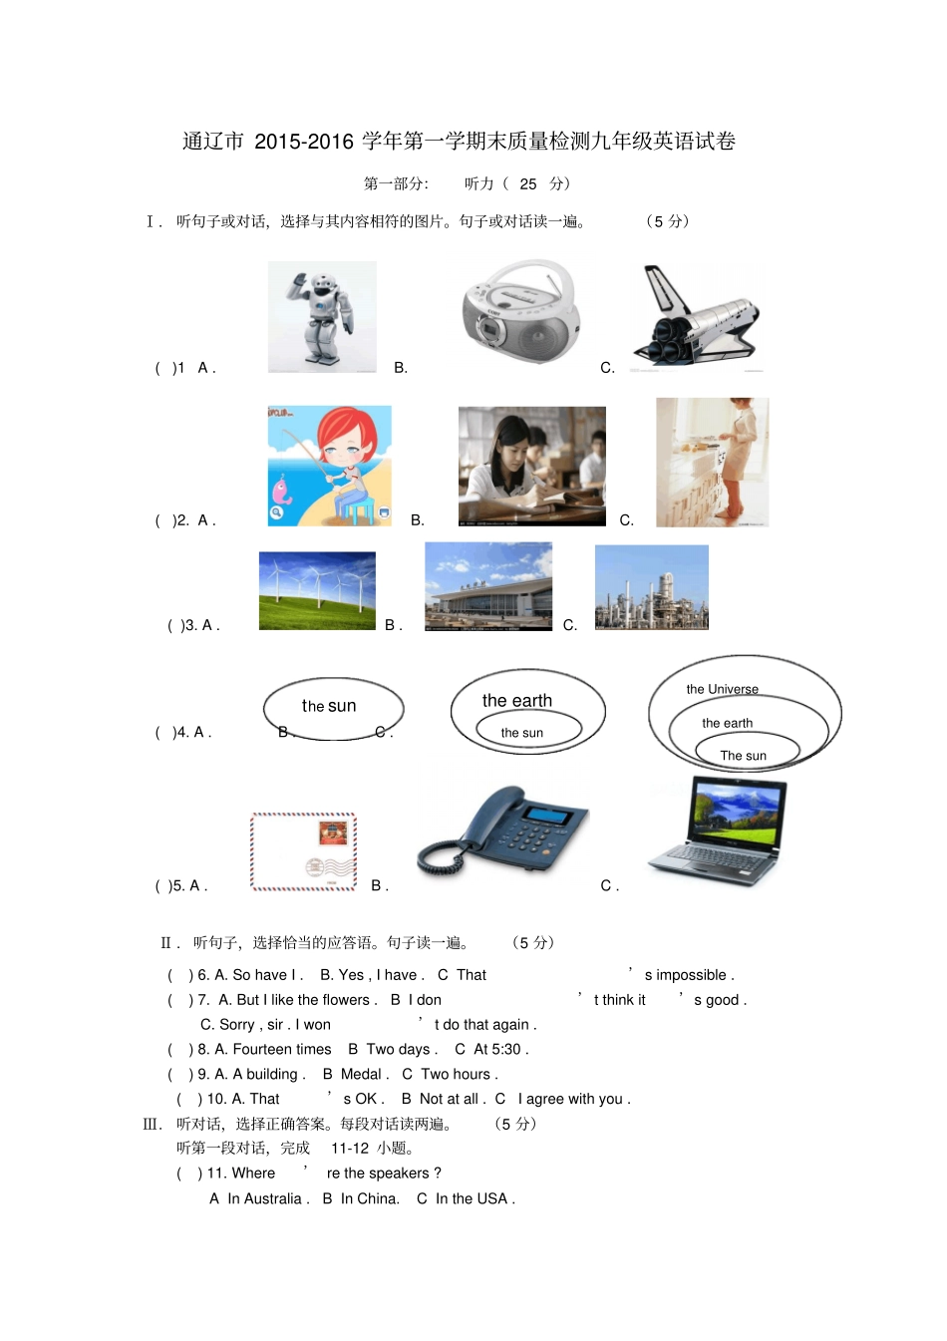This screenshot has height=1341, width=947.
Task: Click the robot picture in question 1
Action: click(322, 317)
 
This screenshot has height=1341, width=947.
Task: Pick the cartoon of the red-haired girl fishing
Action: click(329, 466)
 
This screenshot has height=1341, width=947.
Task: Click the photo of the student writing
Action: click(531, 466)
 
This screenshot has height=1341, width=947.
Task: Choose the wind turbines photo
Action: click(317, 590)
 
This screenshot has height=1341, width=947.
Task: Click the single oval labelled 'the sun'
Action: click(333, 708)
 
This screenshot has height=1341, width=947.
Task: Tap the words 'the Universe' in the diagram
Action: click(722, 689)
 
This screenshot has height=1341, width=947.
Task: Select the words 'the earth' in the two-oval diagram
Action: click(516, 701)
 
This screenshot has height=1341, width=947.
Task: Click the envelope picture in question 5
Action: click(303, 851)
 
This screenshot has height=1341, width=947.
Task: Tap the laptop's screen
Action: click(739, 807)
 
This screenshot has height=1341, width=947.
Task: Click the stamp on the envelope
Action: click(332, 833)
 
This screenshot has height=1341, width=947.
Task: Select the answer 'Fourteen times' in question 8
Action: click(281, 1049)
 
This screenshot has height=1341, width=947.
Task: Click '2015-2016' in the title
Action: click(304, 142)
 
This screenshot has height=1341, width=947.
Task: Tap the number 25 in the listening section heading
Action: click(528, 183)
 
